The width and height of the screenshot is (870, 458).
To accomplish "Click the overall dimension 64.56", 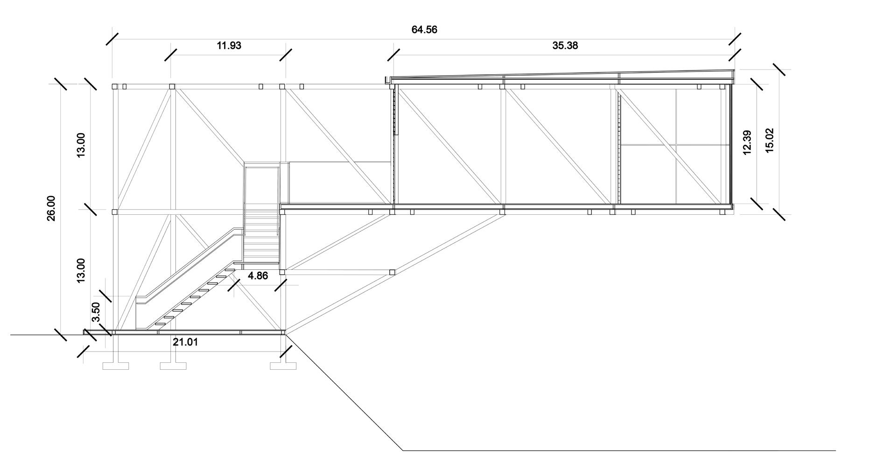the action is pos(424,30).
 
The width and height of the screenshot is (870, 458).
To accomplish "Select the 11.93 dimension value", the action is pos(229,46).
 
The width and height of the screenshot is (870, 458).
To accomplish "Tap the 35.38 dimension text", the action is pos(565,46).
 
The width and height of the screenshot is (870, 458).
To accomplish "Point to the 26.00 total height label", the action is pos(51,208).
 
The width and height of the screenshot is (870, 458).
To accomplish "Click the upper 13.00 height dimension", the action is pos(81,145).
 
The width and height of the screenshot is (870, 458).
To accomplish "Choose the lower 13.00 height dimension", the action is pos(81,270).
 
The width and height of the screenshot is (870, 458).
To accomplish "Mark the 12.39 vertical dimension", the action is pos(746,142).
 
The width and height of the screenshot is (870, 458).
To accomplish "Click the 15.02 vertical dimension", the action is pos(770,140).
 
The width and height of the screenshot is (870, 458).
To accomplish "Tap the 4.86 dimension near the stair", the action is pos(258,276).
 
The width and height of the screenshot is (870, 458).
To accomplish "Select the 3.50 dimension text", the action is pos(96,311).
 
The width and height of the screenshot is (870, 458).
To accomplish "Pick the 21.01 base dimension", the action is pos(185,342).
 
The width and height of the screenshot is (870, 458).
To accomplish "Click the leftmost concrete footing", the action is pos(115,366).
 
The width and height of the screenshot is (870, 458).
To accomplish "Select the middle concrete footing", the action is pos(173,366).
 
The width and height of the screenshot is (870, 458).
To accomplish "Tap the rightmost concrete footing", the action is pos(283,366).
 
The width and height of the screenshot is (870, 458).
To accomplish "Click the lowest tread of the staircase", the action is pos(160,324).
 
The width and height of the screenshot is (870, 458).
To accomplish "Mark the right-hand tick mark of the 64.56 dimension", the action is pos(735,39).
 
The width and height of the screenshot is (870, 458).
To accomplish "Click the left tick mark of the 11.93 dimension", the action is pos(171,55).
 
